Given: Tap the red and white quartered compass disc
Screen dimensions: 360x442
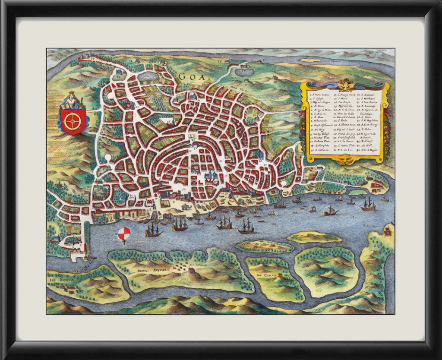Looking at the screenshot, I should coord(123,234).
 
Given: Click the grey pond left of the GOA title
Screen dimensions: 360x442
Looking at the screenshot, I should coord(148,76).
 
